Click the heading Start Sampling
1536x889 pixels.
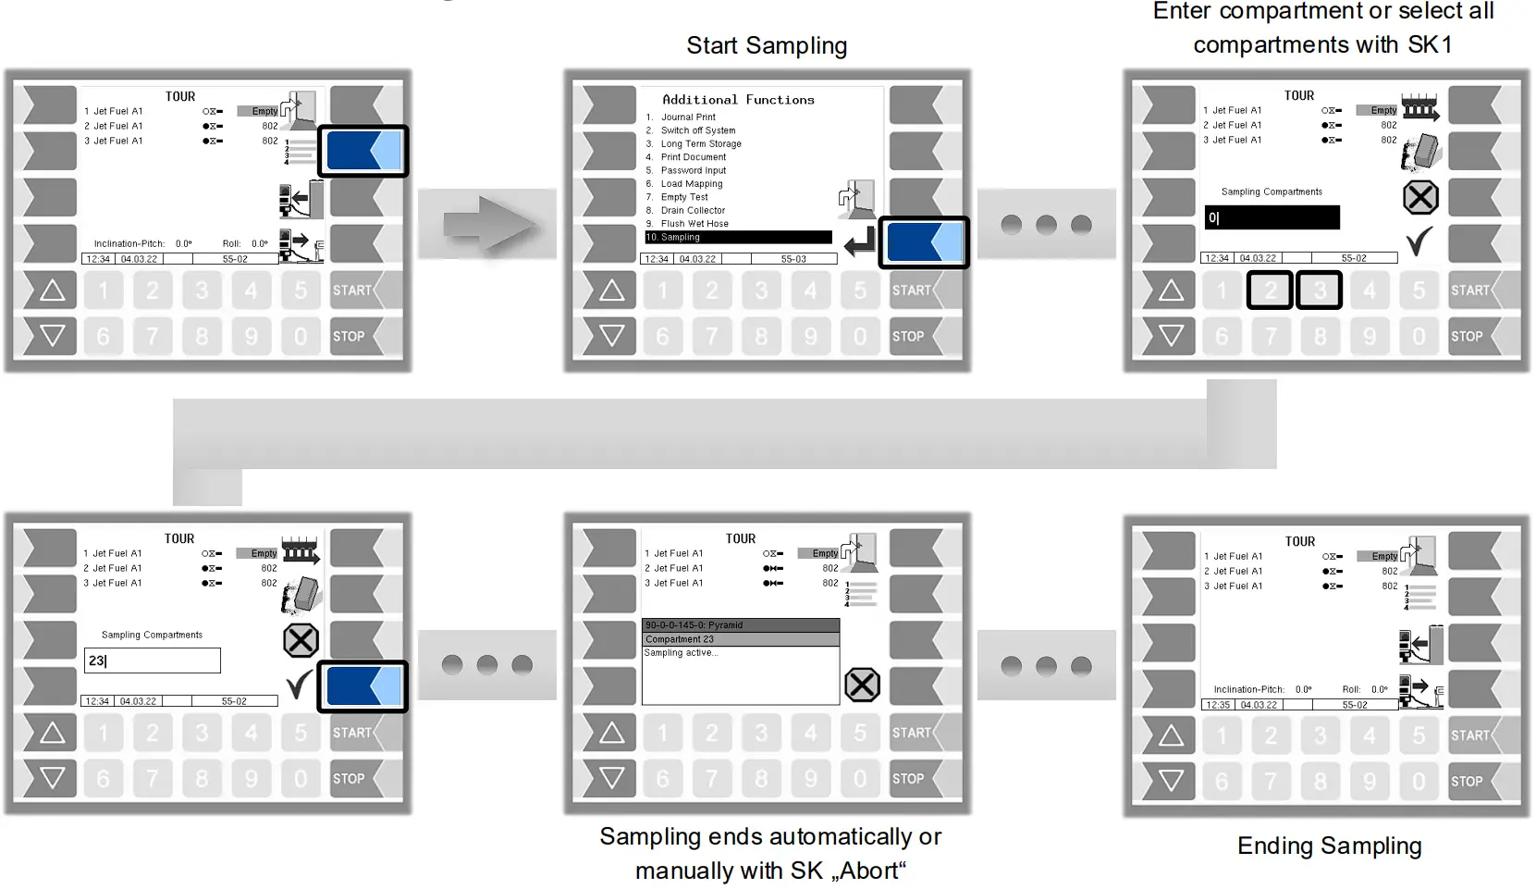[766, 45]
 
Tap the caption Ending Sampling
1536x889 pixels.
[1329, 846]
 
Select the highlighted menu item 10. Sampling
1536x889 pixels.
[738, 238]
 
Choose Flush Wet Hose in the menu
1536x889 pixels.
[694, 224]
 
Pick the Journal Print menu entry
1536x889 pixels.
[688, 117]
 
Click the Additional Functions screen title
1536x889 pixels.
[738, 100]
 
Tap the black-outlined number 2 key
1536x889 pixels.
[1270, 290]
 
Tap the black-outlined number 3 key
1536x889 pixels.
[1320, 290]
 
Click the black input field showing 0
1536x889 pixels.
[1272, 218]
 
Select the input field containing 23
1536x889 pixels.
[153, 661]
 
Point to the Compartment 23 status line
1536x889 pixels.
[740, 639]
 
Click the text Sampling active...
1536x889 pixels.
[681, 653]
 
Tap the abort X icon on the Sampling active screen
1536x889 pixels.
[862, 685]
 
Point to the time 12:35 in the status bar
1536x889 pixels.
[1217, 705]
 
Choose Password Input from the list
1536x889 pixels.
[694, 171]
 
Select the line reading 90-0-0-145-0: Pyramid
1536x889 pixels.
[740, 625]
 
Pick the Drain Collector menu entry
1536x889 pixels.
[693, 211]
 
